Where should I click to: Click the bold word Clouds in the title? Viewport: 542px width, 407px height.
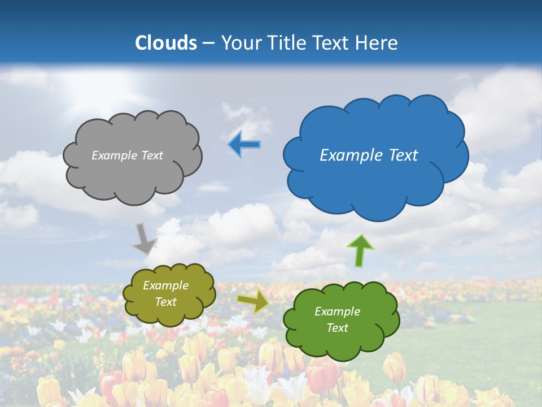pyautogui.click(x=165, y=43)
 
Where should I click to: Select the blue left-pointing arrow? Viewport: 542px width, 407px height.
pyautogui.click(x=244, y=145)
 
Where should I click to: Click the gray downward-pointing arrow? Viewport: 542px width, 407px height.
pyautogui.click(x=145, y=238)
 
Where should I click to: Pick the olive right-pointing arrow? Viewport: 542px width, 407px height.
pyautogui.click(x=253, y=301)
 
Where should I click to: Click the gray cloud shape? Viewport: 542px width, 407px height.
pyautogui.click(x=132, y=170)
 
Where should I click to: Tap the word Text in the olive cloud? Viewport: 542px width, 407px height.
pyautogui.click(x=165, y=302)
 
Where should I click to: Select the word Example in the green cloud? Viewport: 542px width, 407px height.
pyautogui.click(x=337, y=311)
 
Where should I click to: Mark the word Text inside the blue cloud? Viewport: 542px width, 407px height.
pyautogui.click(x=403, y=155)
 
